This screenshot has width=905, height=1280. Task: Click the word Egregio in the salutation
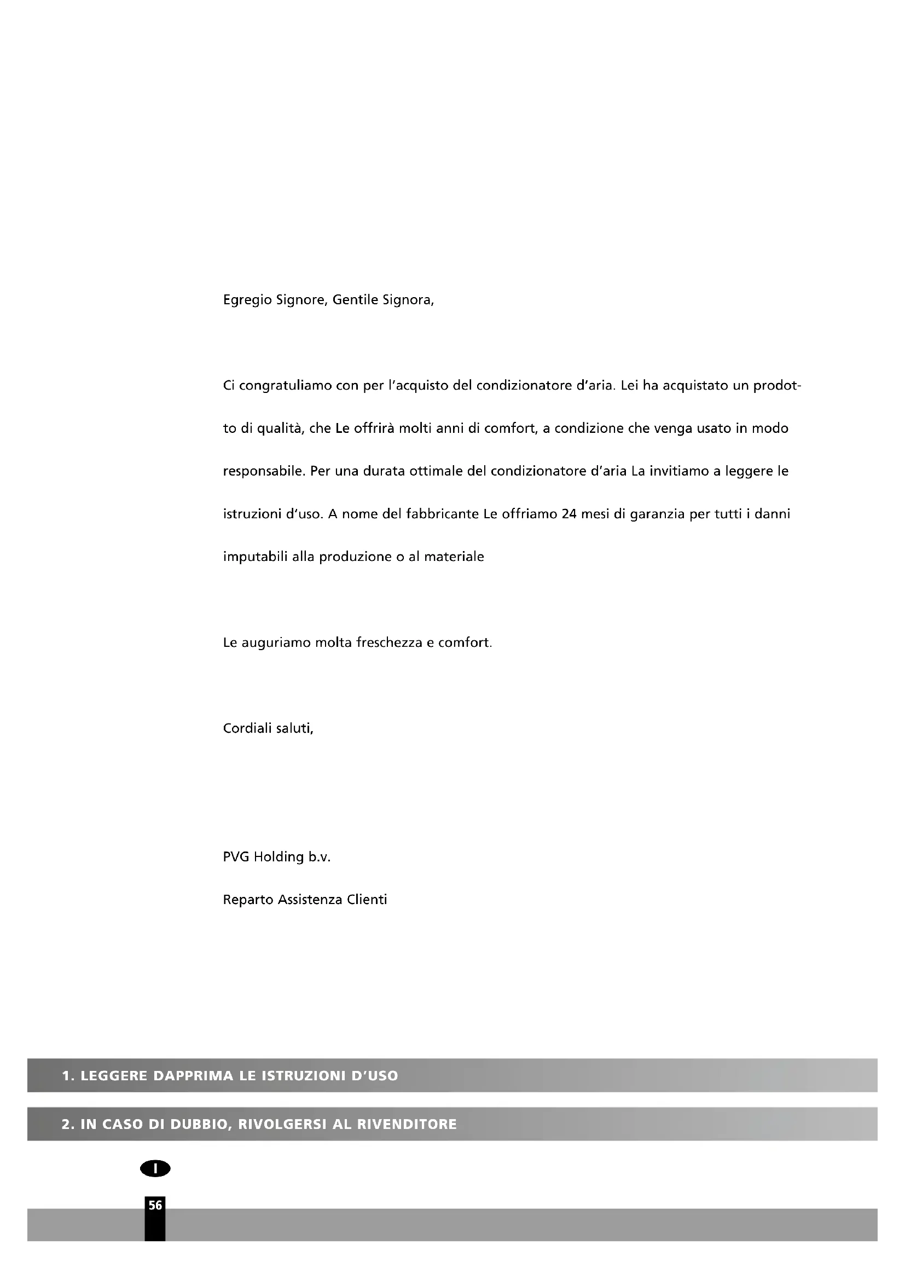click(247, 300)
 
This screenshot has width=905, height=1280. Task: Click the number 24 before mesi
click(568, 513)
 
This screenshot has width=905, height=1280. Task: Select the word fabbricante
click(443, 513)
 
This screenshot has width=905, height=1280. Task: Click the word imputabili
click(255, 557)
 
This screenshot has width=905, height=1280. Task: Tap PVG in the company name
click(236, 857)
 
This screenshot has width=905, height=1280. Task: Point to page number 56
click(155, 1205)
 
